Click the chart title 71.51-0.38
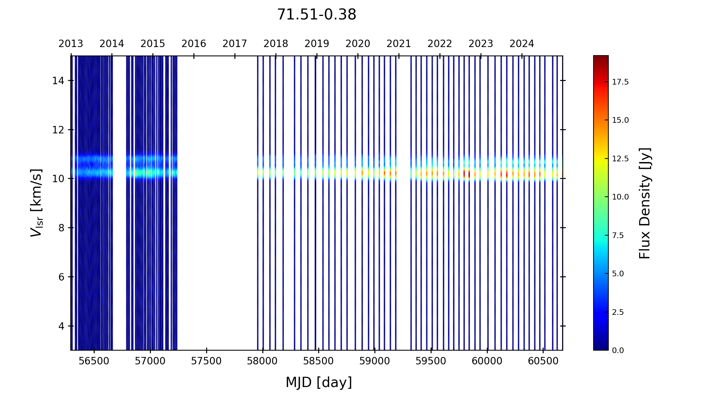tap(316, 15)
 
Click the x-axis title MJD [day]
tap(319, 382)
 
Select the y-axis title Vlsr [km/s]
tap(36, 203)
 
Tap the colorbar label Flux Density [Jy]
tap(645, 203)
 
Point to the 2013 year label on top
tap(71, 44)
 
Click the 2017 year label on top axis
tap(235, 44)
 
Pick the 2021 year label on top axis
tap(399, 44)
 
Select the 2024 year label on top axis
tap(522, 44)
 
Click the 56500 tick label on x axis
tap(94, 361)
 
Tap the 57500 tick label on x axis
tap(206, 361)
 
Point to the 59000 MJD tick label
tap(375, 361)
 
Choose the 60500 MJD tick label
tap(543, 361)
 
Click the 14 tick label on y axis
tap(58, 81)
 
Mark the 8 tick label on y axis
tap(61, 228)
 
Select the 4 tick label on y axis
tap(61, 326)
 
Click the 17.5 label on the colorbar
tap(620, 82)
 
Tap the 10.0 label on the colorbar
tap(620, 197)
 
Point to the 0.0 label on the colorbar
tap(618, 351)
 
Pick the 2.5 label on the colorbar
tap(618, 312)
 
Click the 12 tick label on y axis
tap(58, 130)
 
